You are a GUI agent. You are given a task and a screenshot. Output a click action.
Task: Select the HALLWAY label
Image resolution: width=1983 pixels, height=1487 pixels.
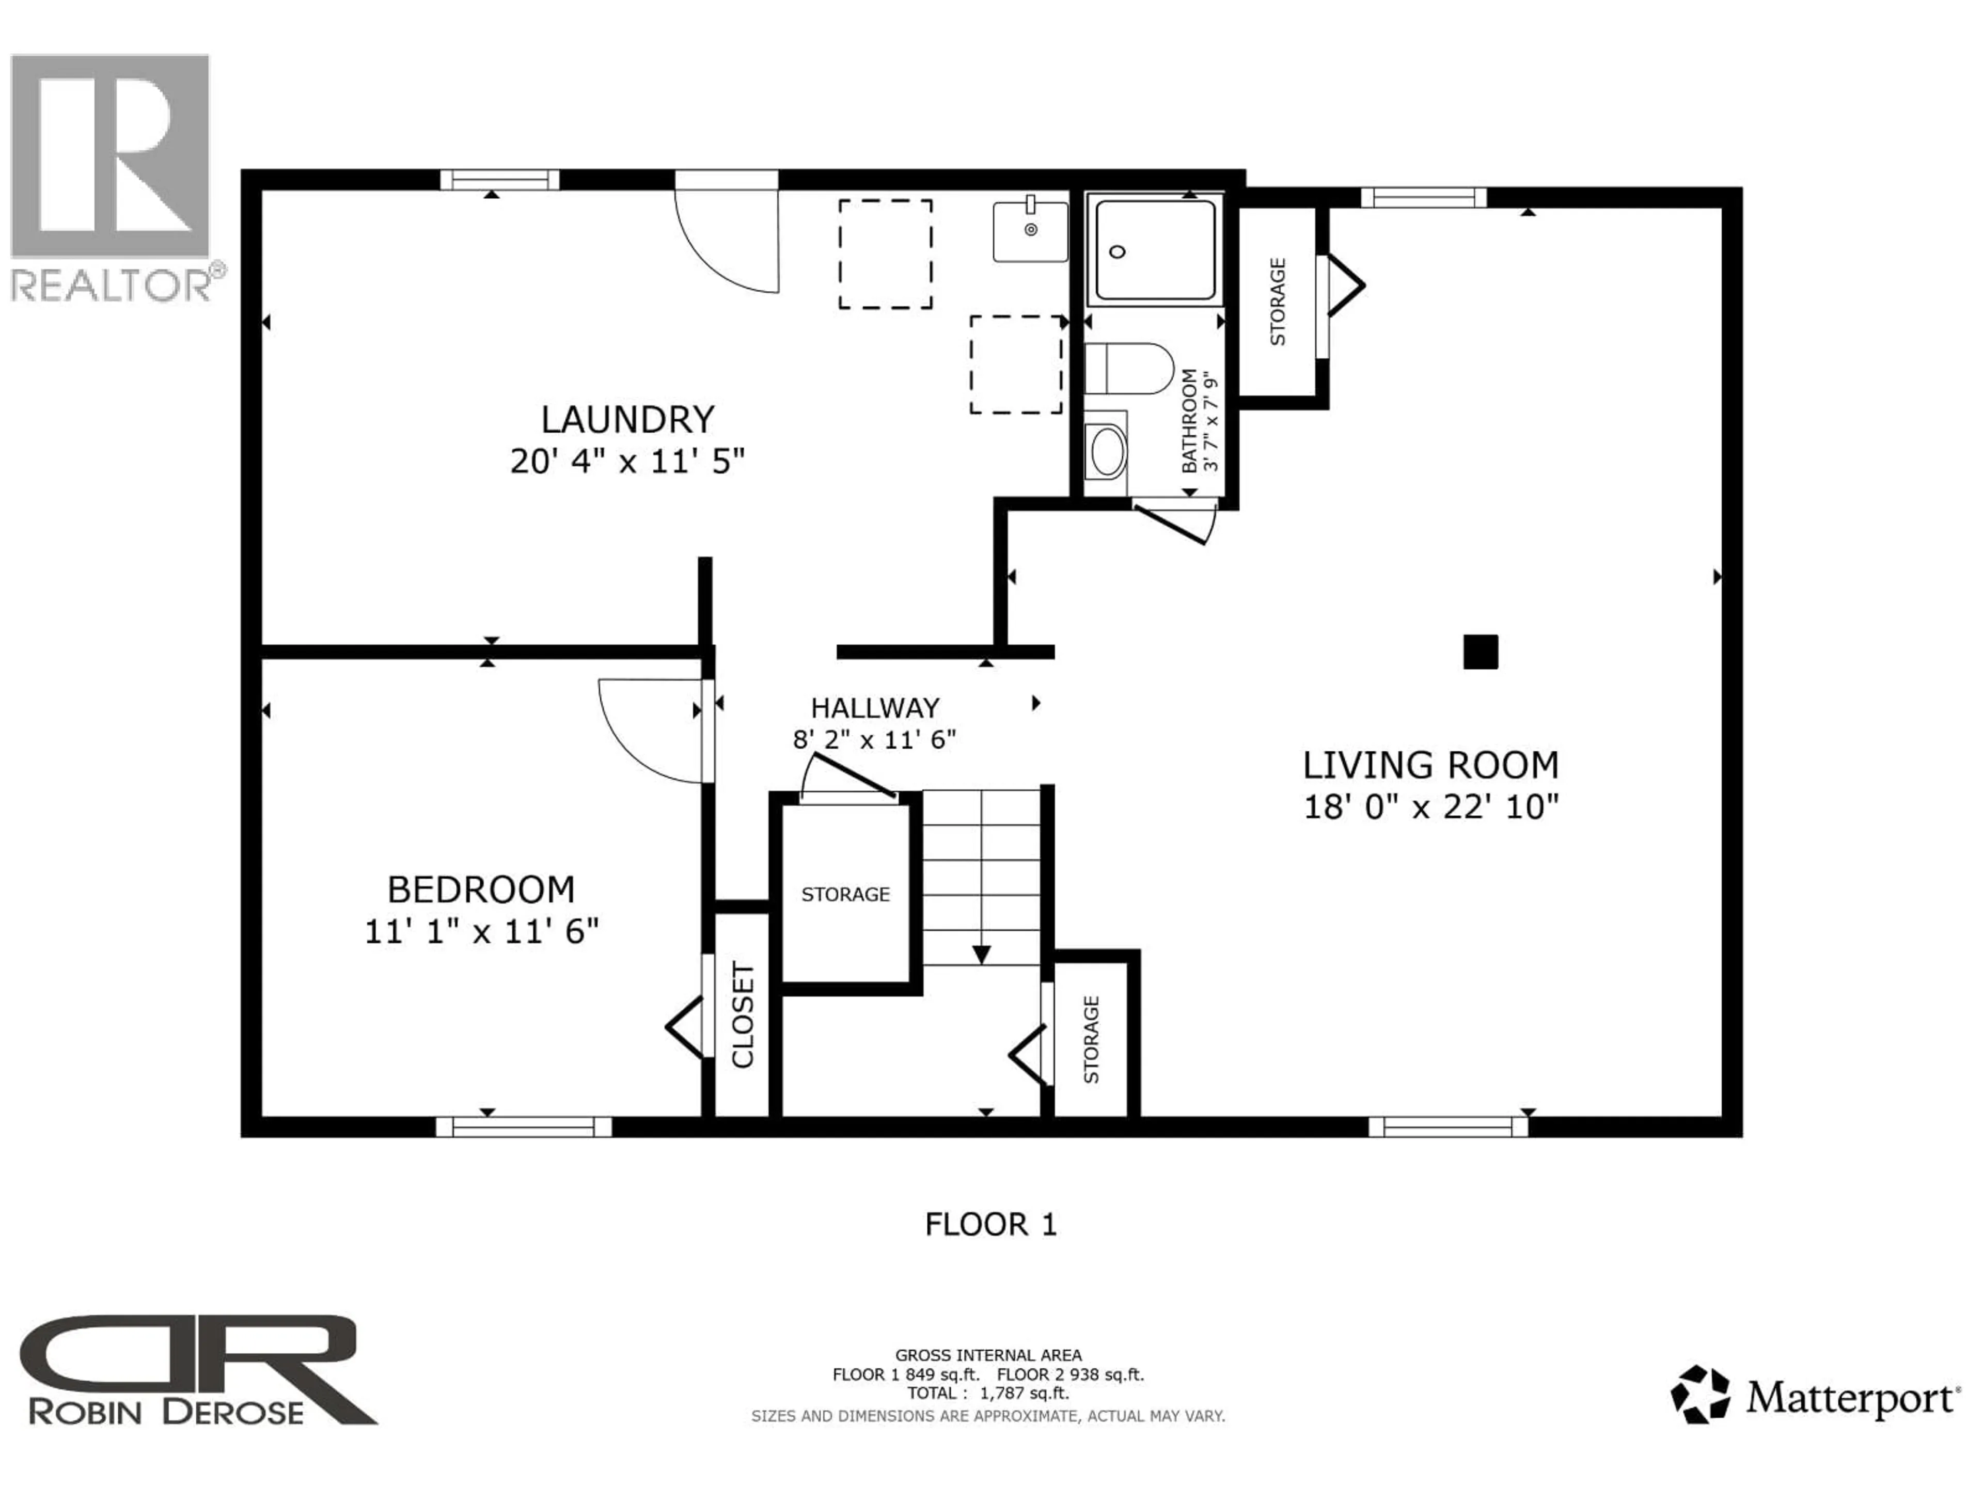pyautogui.click(x=874, y=708)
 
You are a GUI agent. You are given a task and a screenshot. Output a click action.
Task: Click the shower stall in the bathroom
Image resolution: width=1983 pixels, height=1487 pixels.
pyautogui.click(x=1155, y=249)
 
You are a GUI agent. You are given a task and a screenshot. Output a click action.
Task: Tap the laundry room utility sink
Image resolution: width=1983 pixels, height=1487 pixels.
pyautogui.click(x=1030, y=232)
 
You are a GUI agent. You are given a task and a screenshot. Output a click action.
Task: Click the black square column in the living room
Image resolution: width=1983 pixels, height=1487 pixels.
pyautogui.click(x=1480, y=652)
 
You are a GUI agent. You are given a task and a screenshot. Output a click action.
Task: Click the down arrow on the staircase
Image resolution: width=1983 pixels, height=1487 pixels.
pyautogui.click(x=982, y=954)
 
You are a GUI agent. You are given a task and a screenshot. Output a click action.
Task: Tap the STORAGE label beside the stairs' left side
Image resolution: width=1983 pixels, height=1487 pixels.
pyautogui.click(x=845, y=895)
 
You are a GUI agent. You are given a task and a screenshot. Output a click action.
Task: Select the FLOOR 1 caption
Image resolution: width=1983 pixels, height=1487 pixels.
pyautogui.click(x=990, y=1224)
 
